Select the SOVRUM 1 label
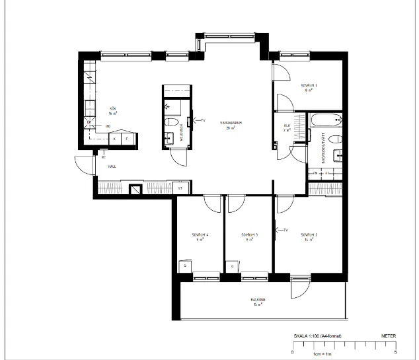[x=309, y=85]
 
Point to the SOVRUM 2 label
[x=309, y=234]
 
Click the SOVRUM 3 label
[x=249, y=234]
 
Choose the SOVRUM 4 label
[x=200, y=234]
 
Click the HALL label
[x=112, y=166]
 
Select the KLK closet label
[x=287, y=125]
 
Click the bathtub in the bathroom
[x=326, y=121]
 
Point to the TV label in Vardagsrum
[x=203, y=121]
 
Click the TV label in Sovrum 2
[x=287, y=229]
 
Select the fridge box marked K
[x=114, y=139]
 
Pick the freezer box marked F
[x=127, y=139]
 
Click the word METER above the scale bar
[x=388, y=336]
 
